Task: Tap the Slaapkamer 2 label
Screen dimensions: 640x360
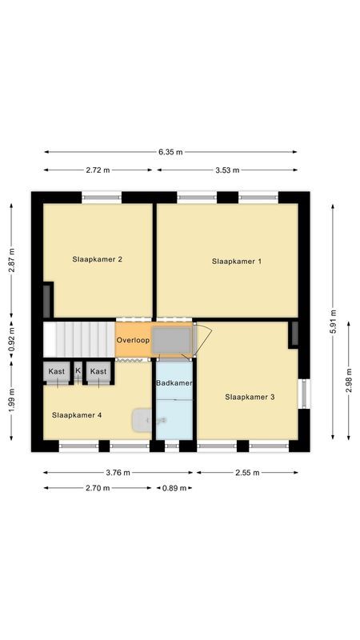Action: (97, 259)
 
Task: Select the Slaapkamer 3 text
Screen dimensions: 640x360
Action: (250, 397)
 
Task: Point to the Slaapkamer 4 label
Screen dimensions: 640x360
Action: (77, 415)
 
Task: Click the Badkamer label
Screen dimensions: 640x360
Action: (174, 383)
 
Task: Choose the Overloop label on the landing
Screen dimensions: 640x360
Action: (133, 340)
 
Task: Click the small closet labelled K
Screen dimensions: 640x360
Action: (78, 371)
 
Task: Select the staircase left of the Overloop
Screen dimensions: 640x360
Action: (78, 338)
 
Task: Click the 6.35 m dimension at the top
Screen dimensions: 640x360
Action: (170, 152)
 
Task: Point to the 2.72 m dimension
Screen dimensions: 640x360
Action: (97, 170)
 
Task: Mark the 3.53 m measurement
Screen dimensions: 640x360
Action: (227, 170)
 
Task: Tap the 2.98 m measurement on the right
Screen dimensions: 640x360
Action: (349, 384)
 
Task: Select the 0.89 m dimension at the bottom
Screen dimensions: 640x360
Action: (174, 488)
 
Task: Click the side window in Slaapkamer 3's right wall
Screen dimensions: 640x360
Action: (302, 394)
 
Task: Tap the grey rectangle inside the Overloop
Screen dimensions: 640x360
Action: (172, 339)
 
